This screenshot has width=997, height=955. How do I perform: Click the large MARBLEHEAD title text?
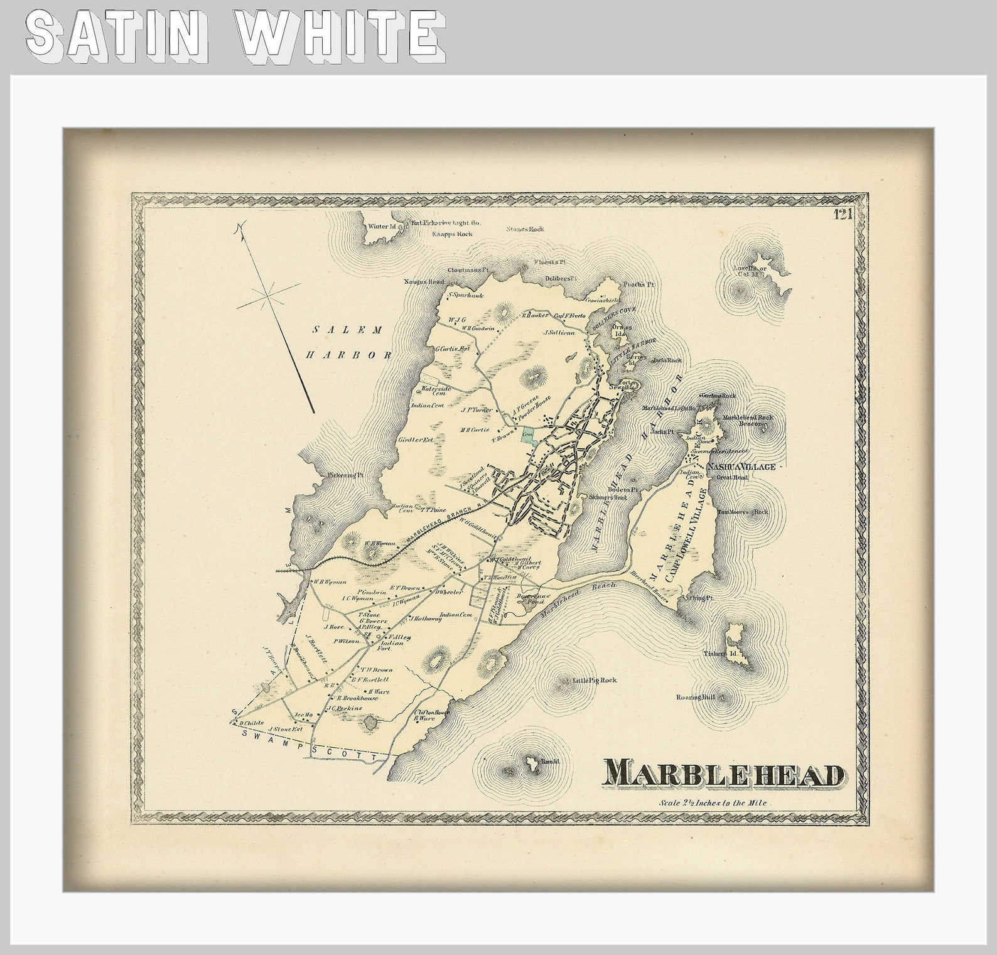click(x=723, y=774)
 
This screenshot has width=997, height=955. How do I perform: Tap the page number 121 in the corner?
click(x=842, y=215)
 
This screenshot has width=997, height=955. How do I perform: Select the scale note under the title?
click(x=714, y=803)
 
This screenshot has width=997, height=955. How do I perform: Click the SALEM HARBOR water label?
click(x=348, y=342)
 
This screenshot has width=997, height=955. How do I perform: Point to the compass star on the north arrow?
click(x=268, y=294)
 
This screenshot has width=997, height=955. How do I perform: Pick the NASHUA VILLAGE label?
click(x=741, y=467)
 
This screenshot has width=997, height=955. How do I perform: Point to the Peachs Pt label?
click(x=640, y=284)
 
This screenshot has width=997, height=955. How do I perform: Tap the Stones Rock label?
click(x=525, y=229)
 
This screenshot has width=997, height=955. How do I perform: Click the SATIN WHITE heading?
click(x=235, y=36)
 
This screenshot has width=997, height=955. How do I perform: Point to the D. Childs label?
click(x=251, y=723)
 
